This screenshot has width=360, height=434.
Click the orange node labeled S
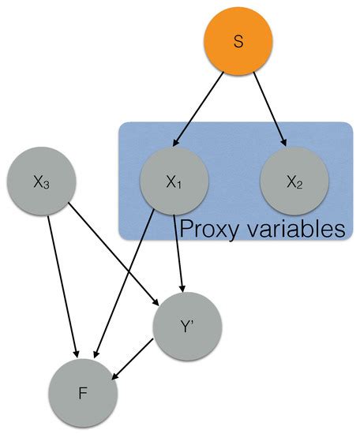pos(239,40)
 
